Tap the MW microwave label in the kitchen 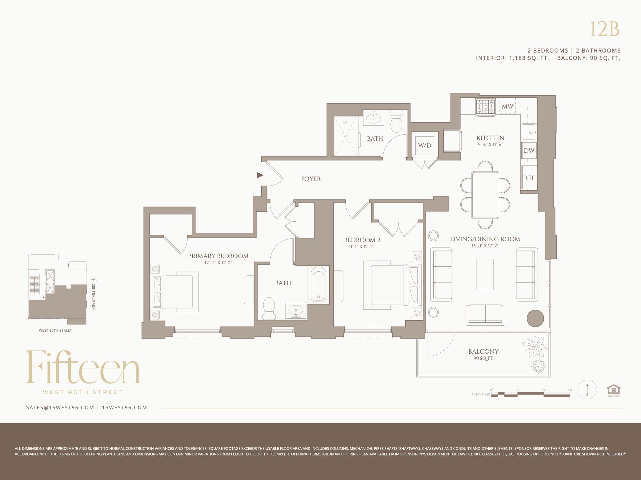(x=507, y=106)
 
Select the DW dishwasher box (x=529, y=150)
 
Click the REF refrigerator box (x=529, y=178)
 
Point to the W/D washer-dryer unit (x=424, y=145)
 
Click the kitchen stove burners (x=485, y=107)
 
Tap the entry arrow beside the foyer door (x=260, y=175)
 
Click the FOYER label (x=311, y=179)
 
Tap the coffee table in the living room (x=485, y=274)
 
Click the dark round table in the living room (x=535, y=318)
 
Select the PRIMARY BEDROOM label (x=218, y=256)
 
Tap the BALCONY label (x=483, y=352)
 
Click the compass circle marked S (x=587, y=390)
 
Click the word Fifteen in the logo (x=83, y=368)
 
